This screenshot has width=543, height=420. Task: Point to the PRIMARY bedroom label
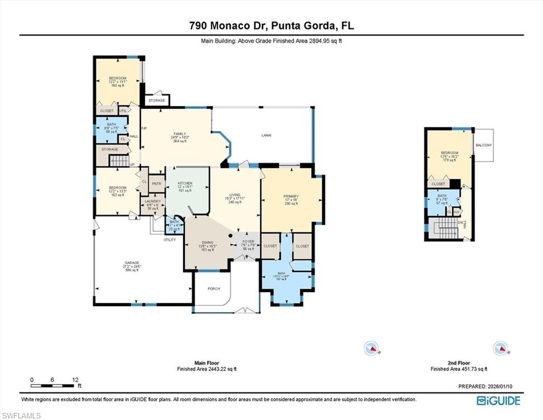coord(290,196)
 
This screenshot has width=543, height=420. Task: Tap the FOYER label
coord(248,241)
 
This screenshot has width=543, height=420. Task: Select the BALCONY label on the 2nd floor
coord(483,145)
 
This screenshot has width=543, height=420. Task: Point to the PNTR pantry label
coord(157,184)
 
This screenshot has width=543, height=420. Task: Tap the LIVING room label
coord(235,195)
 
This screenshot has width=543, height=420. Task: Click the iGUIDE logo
coord(498,401)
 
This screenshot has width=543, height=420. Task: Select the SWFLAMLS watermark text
coord(21,416)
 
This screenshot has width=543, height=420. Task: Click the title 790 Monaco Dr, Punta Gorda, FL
coord(271,25)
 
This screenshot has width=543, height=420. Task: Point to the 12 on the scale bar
coord(75,380)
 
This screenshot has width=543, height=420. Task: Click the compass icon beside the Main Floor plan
coord(371,348)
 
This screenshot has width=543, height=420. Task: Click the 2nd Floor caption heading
coord(458,363)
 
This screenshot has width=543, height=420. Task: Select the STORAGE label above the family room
coord(156,101)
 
